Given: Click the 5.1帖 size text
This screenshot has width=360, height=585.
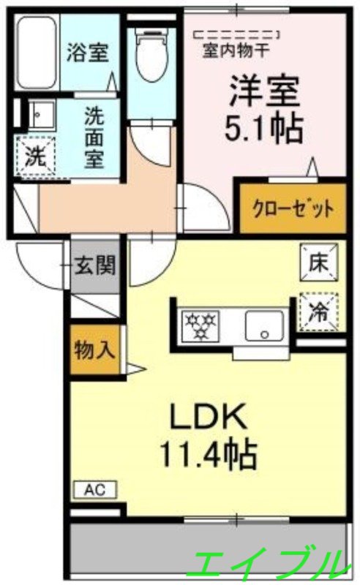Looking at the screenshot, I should pos(263,129).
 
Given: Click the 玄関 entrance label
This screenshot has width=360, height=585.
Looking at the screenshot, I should pos(95,265).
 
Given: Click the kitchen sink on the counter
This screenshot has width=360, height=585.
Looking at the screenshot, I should pos(264,322).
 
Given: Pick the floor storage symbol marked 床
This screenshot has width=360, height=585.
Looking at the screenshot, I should pos(319,262).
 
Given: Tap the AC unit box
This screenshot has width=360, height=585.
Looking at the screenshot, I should pos(94,490).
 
